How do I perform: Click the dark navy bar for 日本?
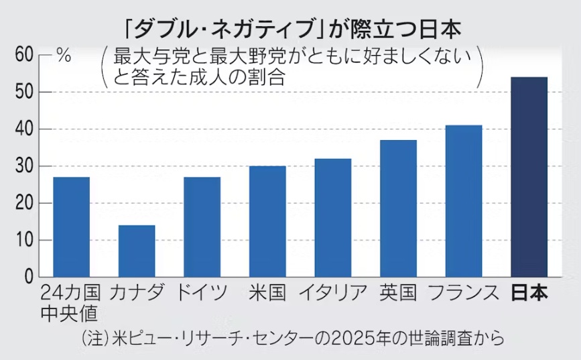pyautogui.click(x=529, y=177)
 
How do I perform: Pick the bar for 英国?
pyautogui.click(x=398, y=208)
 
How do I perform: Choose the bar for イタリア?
pyautogui.click(x=332, y=218)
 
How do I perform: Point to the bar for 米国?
pyautogui.click(x=267, y=221)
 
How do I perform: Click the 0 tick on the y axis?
pyautogui.click(x=27, y=277)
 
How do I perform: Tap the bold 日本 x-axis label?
pyautogui.click(x=529, y=293)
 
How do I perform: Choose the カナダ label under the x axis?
pyautogui.click(x=136, y=293)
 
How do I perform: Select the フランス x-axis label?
pyautogui.click(x=463, y=293)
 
